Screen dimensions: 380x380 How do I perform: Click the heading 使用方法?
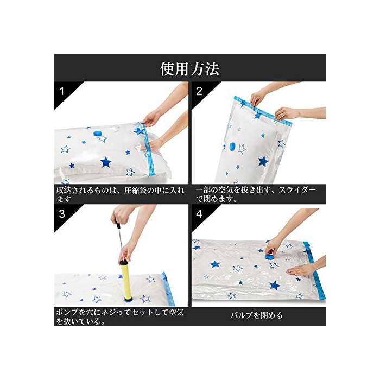(x=189, y=69)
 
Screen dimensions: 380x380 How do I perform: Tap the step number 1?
(x=62, y=91)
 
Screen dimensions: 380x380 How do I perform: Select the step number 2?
(x=199, y=91)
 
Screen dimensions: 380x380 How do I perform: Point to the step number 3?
(x=62, y=214)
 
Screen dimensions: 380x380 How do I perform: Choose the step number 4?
(x=199, y=214)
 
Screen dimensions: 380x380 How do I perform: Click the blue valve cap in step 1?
(x=98, y=134)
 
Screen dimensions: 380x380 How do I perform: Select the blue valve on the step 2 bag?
(x=232, y=147)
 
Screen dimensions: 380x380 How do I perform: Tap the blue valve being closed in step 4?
(x=269, y=256)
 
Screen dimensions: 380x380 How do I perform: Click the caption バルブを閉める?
(x=256, y=315)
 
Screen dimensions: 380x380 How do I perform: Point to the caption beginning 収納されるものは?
(x=121, y=194)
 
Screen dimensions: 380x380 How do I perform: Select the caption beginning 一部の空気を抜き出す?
(x=256, y=194)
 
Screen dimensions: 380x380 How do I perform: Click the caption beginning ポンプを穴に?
(x=120, y=316)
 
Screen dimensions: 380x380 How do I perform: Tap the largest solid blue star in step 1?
(x=106, y=162)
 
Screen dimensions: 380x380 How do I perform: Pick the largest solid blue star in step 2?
(x=263, y=161)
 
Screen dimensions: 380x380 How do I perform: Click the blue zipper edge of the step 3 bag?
(x=168, y=288)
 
